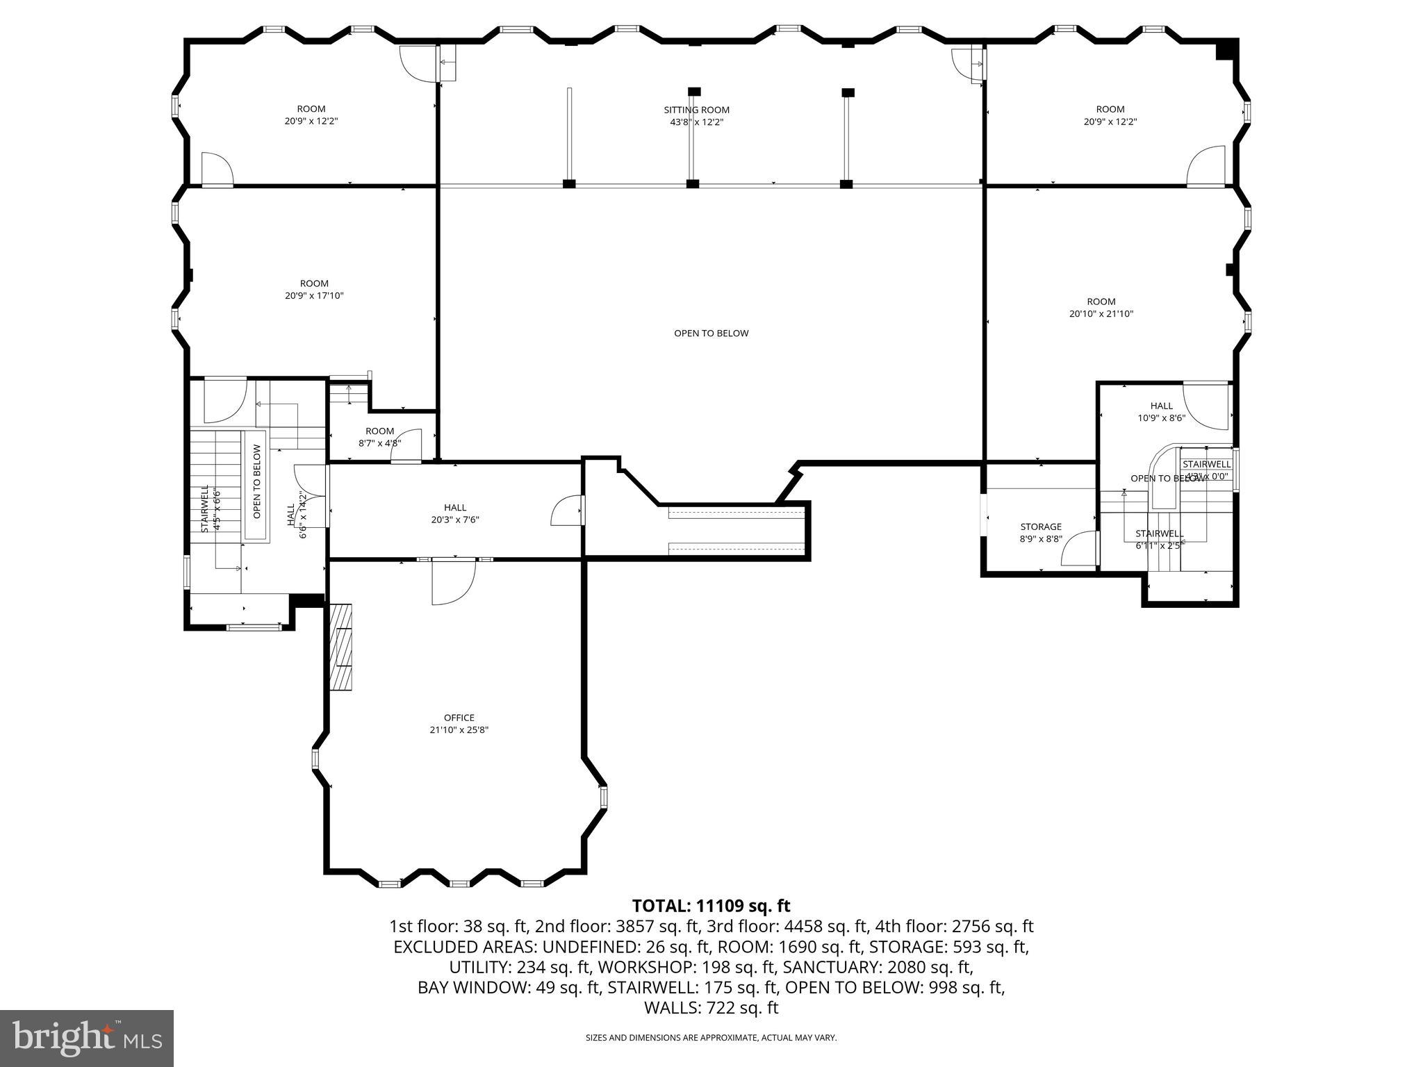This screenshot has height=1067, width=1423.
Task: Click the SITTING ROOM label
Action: [x=696, y=110]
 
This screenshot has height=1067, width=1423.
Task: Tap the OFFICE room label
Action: [x=459, y=718]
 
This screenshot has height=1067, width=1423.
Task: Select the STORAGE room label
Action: [x=1040, y=527]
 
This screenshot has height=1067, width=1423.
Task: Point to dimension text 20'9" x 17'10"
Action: [x=314, y=295]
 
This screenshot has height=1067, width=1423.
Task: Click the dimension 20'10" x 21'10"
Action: [x=1101, y=313]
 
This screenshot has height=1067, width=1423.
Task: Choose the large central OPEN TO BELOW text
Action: [x=711, y=333]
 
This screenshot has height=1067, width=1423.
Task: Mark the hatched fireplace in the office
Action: [x=341, y=646]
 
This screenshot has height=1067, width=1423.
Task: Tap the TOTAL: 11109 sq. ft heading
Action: [x=711, y=906]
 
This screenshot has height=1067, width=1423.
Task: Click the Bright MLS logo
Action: [x=87, y=1038]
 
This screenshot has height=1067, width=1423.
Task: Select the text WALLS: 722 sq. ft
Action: [x=711, y=1008]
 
